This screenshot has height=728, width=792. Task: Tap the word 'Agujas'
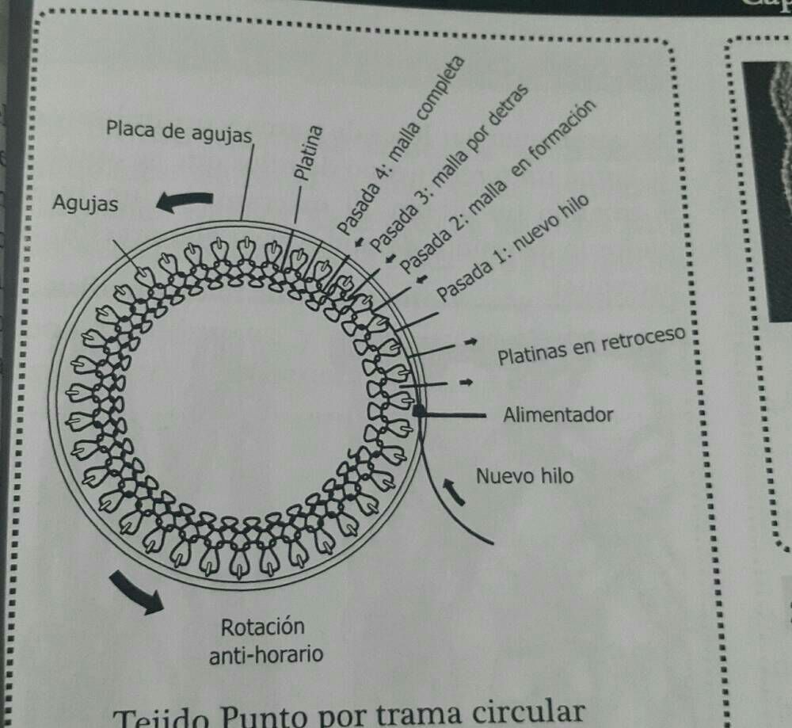[85, 204]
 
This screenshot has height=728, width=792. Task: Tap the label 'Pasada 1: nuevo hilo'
[513, 249]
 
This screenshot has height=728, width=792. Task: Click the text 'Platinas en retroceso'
[590, 347]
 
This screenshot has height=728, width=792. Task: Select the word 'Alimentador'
[558, 414]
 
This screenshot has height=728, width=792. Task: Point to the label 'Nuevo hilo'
[524, 476]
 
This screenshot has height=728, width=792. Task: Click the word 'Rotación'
[262, 627]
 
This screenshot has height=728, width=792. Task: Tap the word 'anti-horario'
[265, 656]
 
